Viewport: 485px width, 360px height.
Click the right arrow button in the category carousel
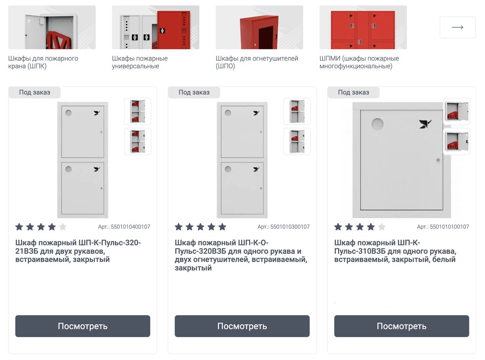[457, 27]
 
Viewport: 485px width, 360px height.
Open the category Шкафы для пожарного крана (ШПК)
[43, 62]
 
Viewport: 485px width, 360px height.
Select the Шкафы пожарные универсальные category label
[139, 62]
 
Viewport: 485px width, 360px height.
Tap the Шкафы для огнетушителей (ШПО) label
[257, 62]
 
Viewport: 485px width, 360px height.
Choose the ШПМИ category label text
[359, 62]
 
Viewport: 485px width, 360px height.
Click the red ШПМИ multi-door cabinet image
[363, 27]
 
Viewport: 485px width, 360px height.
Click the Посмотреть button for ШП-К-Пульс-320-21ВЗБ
[83, 326]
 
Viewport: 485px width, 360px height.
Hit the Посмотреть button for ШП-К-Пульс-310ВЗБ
[401, 326]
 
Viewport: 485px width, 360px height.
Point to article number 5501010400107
[124, 227]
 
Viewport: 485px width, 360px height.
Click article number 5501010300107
[283, 227]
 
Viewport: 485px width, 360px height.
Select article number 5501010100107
[443, 227]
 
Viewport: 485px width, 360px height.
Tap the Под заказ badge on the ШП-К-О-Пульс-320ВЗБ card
[194, 92]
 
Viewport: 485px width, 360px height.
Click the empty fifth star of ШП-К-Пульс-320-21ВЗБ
[63, 227]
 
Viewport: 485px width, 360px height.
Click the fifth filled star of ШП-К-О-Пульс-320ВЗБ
[222, 227]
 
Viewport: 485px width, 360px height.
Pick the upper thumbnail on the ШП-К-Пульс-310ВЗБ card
[456, 112]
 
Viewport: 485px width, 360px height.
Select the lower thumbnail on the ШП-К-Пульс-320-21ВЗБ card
[137, 141]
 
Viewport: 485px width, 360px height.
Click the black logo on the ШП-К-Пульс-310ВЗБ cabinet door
[425, 124]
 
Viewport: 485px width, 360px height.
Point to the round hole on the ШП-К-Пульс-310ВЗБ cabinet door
[377, 124]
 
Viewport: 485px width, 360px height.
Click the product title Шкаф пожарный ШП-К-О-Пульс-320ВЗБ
[241, 255]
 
